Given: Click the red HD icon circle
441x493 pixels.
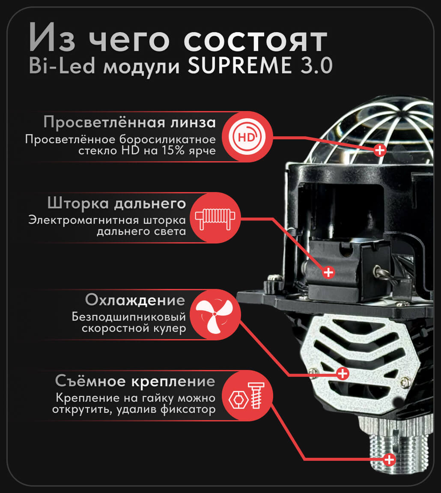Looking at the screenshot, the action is point(247,137).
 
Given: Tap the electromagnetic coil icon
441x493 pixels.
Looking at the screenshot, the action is point(215,218).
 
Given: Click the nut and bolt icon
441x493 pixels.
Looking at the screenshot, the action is point(247,396).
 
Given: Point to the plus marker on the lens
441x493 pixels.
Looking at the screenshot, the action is point(380,150).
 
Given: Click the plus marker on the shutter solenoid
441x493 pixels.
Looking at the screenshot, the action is point(328,272).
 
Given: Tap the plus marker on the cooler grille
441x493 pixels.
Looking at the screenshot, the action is point(343,373).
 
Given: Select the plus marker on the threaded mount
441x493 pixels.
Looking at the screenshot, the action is point(389,460).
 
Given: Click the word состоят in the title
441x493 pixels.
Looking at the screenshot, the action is point(255,41).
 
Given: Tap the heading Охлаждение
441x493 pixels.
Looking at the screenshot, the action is point(135,300).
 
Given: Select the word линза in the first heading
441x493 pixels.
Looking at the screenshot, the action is point(193,122).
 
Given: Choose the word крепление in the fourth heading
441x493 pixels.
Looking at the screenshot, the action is point(173,382).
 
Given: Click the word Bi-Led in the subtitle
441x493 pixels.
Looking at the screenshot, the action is point(62,66).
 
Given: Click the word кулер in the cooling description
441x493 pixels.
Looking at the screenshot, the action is point(170,328).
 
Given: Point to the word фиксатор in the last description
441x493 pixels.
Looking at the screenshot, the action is point(188,410).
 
